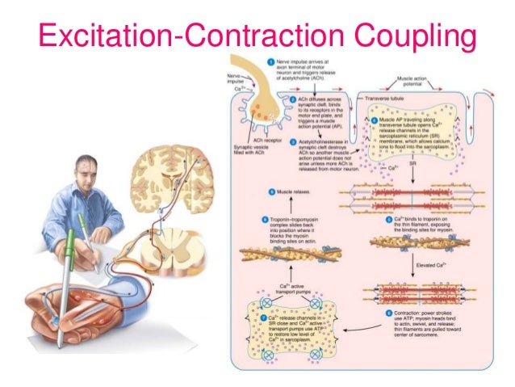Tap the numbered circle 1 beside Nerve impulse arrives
point(271,61)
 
